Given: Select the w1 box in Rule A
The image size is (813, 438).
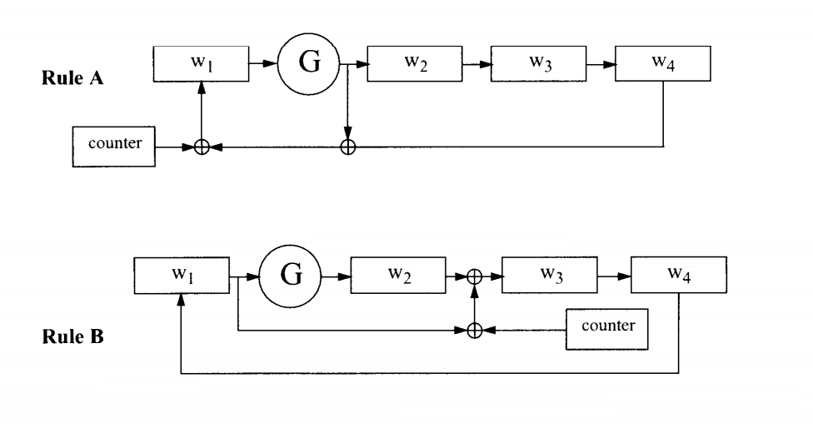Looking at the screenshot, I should point(202,64).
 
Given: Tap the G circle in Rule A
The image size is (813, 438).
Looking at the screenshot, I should point(309,64).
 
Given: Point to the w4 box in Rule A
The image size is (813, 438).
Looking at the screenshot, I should point(663,64).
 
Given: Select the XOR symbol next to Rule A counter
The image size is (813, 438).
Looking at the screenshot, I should point(201,147).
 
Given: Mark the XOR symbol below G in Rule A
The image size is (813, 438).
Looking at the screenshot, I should point(348,147).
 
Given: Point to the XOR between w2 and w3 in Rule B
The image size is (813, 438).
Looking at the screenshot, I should point(475,277).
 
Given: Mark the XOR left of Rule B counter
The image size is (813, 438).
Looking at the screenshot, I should point(475,330).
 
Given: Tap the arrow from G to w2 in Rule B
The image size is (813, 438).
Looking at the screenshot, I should point(338,276).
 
